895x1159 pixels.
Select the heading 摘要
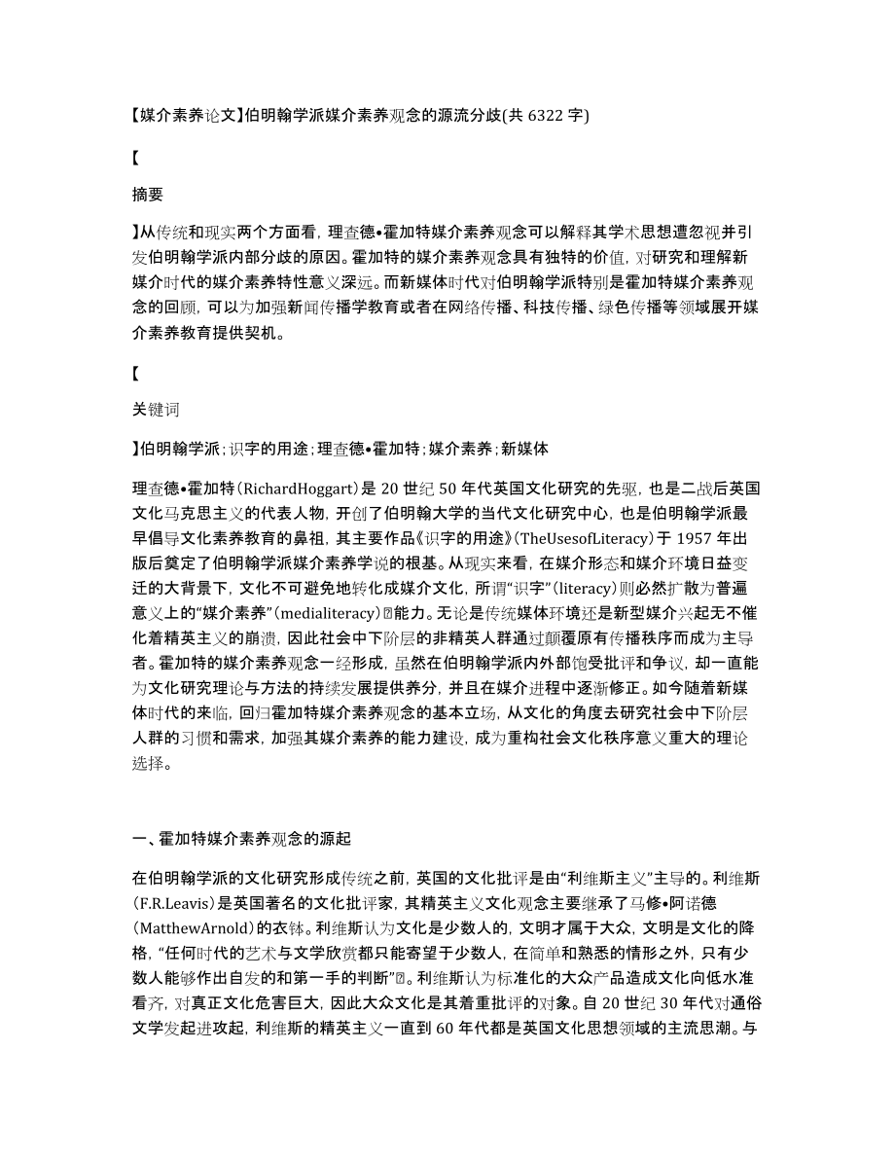[147, 194]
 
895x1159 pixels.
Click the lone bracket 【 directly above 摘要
[136, 156]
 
